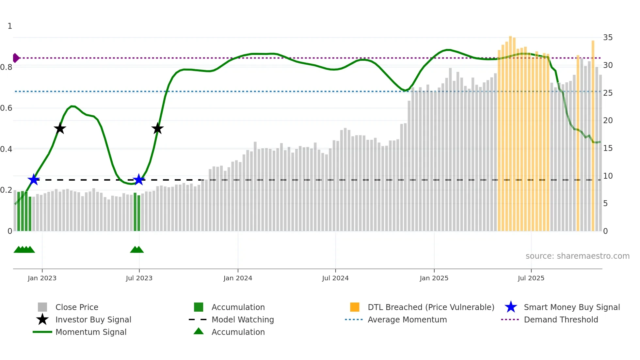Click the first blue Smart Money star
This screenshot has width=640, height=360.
pos(34,180)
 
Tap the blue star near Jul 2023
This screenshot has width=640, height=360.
pos(139,180)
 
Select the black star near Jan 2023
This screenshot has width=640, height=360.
pos(60,128)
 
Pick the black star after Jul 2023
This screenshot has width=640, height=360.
pos(157,128)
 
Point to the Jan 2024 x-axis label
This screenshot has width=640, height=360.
pos(238,278)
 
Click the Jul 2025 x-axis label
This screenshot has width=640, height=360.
pos(531,278)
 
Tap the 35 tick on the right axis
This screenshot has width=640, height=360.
pos(608,38)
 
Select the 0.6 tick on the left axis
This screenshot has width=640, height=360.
pos(7,108)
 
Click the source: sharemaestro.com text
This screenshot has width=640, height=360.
pos(577,256)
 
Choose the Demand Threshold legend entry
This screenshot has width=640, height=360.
pos(561,319)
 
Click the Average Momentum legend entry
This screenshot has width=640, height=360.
pos(407,319)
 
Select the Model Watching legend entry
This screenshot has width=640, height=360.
pos(242,319)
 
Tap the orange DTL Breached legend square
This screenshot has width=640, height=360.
pos(355,307)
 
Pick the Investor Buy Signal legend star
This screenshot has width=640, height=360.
pos(42,319)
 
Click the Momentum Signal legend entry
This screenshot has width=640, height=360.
pos(91,332)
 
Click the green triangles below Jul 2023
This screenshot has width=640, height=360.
pos(137,250)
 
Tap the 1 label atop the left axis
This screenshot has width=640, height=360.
pos(10,26)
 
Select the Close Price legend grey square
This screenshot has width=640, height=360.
pos(42,307)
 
